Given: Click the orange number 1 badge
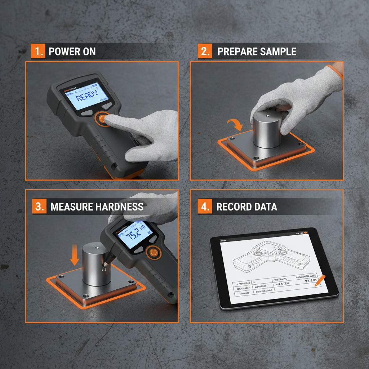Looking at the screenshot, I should (38, 51).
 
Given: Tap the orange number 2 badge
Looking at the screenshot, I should (204, 51).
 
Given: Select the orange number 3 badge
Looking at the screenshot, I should (39, 206).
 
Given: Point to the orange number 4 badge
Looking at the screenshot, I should (204, 206).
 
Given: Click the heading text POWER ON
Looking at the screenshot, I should (72, 52).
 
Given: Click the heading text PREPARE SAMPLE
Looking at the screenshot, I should (257, 52).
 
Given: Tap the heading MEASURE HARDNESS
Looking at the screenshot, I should (97, 207).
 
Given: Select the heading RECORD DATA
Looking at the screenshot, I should (246, 207).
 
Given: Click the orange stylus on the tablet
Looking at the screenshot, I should (320, 281).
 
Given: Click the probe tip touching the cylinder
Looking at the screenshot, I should (104, 268).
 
